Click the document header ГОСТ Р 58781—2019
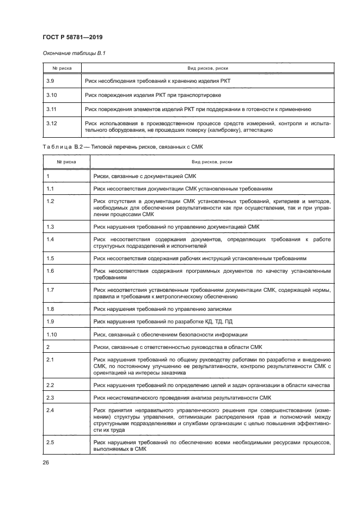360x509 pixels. (x=72, y=37)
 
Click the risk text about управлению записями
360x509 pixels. (x=162, y=309)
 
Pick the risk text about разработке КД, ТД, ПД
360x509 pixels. (x=166, y=321)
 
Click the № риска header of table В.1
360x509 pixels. (x=62, y=68)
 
